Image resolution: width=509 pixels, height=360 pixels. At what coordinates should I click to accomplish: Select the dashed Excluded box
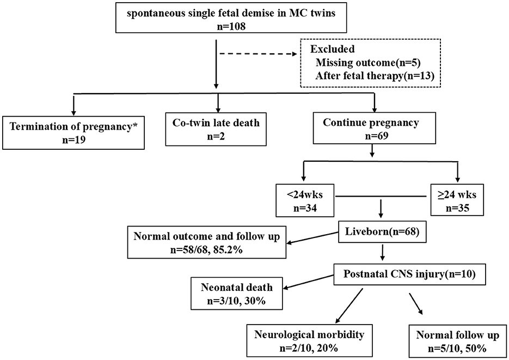pyautogui.click(x=370, y=64)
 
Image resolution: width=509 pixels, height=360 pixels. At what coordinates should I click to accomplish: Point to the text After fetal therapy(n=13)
pyautogui.click(x=374, y=76)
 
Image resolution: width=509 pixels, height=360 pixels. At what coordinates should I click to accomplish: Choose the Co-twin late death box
pyautogui.click(x=218, y=130)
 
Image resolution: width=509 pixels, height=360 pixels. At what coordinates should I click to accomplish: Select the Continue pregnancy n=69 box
pyautogui.click(x=371, y=130)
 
